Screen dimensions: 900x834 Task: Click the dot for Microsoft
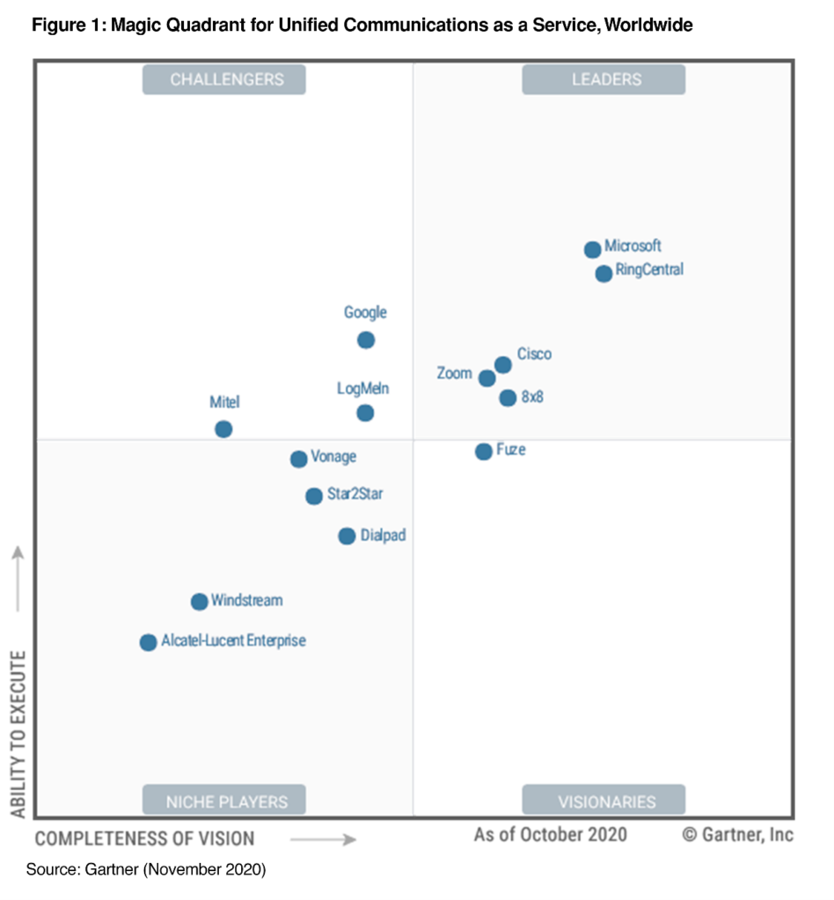coord(593,250)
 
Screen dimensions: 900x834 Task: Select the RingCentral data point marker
coord(604,273)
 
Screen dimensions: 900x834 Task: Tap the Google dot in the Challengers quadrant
coord(366,340)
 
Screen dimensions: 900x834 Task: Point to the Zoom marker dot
coord(486,378)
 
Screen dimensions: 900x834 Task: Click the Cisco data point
coord(503,365)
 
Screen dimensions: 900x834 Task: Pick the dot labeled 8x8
coord(508,398)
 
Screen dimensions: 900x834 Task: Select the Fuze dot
coord(484,452)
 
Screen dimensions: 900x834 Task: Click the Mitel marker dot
coord(223,429)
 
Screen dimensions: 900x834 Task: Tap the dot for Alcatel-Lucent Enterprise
coord(148,642)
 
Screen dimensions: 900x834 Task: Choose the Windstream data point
coord(200,602)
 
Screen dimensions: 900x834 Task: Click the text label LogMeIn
coord(362,388)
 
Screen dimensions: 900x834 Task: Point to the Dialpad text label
coord(384,535)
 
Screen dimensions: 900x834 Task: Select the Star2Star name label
coord(355,495)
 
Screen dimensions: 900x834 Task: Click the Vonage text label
coord(333,458)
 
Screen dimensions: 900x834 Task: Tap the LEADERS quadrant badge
coord(604,80)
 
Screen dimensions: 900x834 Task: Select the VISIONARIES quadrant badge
coord(604,801)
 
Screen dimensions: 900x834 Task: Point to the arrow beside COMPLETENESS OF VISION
coord(323,839)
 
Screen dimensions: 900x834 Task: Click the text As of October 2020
coord(551,834)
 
